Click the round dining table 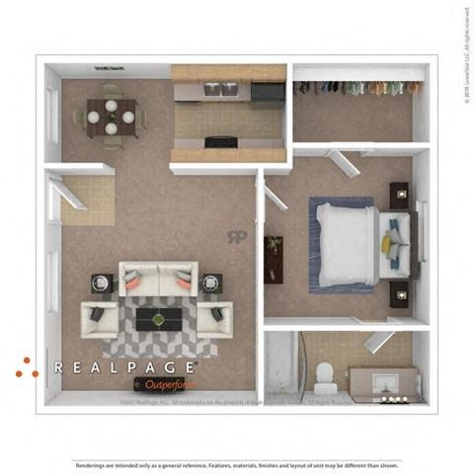(x=111, y=117)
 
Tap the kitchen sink (x=220, y=89)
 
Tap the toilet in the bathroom (x=323, y=376)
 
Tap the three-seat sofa (x=158, y=280)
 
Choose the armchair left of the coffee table (x=100, y=319)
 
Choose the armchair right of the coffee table (x=214, y=318)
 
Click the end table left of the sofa (x=103, y=283)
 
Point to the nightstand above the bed (x=400, y=195)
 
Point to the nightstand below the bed (x=400, y=293)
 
